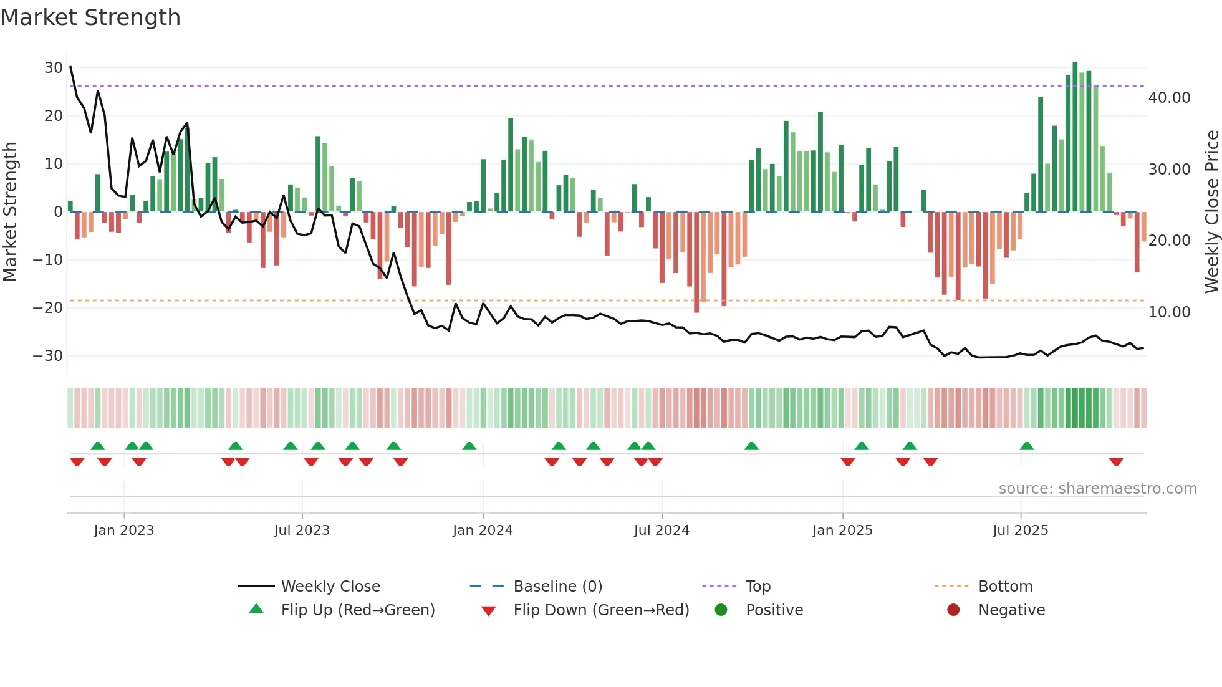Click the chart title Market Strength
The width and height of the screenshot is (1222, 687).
[91, 17]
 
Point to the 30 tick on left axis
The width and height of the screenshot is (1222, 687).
[54, 67]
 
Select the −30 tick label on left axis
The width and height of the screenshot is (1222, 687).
[48, 356]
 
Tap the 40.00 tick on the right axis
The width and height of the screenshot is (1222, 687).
[1169, 98]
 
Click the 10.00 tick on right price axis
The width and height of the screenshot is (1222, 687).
[1169, 312]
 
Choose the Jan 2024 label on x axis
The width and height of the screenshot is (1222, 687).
[483, 531]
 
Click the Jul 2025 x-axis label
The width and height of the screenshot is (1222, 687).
[1021, 531]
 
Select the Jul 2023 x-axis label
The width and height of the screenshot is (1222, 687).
[302, 531]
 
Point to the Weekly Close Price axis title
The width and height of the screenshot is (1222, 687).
[1211, 212]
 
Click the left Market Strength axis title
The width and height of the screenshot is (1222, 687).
[11, 212]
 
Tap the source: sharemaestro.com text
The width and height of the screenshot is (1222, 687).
[1097, 489]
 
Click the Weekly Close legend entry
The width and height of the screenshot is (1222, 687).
[330, 587]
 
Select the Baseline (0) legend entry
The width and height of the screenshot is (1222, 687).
[557, 587]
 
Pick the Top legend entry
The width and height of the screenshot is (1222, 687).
[758, 587]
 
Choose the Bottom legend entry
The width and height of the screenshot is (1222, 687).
[1005, 587]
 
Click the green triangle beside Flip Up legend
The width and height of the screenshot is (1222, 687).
[256, 609]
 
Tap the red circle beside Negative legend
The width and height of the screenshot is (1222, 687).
[953, 610]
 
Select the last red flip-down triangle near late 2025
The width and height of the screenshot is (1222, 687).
[1116, 462]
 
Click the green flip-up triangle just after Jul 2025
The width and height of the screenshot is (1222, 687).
[1027, 446]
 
